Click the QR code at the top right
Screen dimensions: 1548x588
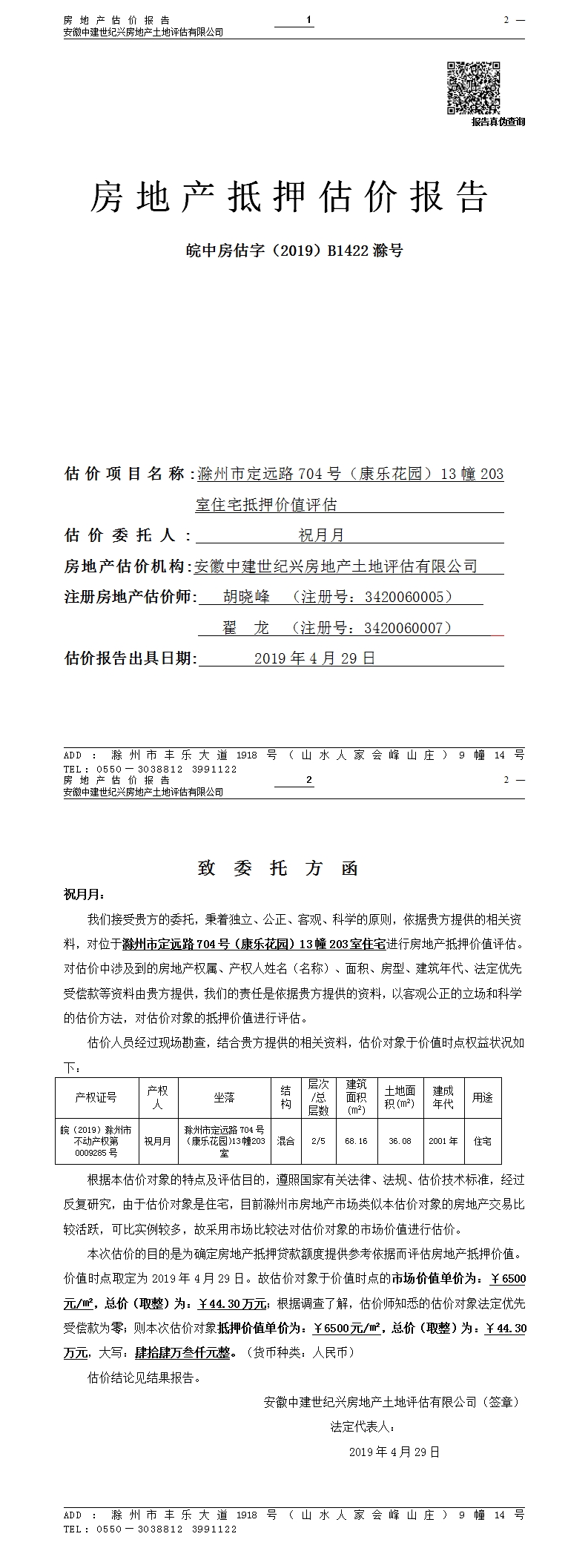click(x=473, y=88)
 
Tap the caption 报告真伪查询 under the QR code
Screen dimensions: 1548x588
click(x=498, y=122)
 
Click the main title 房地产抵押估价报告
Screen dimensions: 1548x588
click(x=289, y=198)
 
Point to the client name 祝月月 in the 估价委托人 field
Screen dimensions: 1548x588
click(x=321, y=535)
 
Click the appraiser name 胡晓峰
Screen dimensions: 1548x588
click(x=247, y=597)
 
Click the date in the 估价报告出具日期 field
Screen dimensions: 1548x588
click(x=314, y=658)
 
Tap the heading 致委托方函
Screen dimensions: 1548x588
click(x=278, y=868)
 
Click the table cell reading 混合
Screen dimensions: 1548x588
click(x=285, y=1141)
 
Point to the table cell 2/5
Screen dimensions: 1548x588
click(x=318, y=1141)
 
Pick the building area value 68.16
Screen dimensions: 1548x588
click(x=356, y=1141)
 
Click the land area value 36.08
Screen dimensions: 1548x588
click(x=400, y=1141)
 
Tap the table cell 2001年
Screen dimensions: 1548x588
click(x=443, y=1141)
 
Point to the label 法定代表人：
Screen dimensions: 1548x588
click(x=363, y=1426)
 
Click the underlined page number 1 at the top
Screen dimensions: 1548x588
click(x=308, y=19)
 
